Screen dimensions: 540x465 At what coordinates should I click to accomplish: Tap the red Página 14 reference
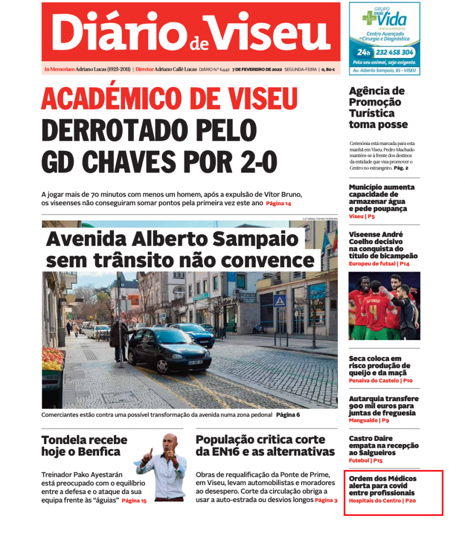[x=278, y=204]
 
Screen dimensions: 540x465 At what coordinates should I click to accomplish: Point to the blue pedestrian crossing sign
[x=279, y=302]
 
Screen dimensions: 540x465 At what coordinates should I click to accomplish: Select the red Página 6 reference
[x=288, y=415]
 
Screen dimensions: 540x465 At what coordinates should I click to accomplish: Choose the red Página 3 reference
[x=326, y=500]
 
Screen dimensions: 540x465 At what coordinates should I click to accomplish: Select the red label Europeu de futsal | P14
[x=379, y=263]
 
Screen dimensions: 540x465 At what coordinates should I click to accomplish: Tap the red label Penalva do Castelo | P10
[x=380, y=380]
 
